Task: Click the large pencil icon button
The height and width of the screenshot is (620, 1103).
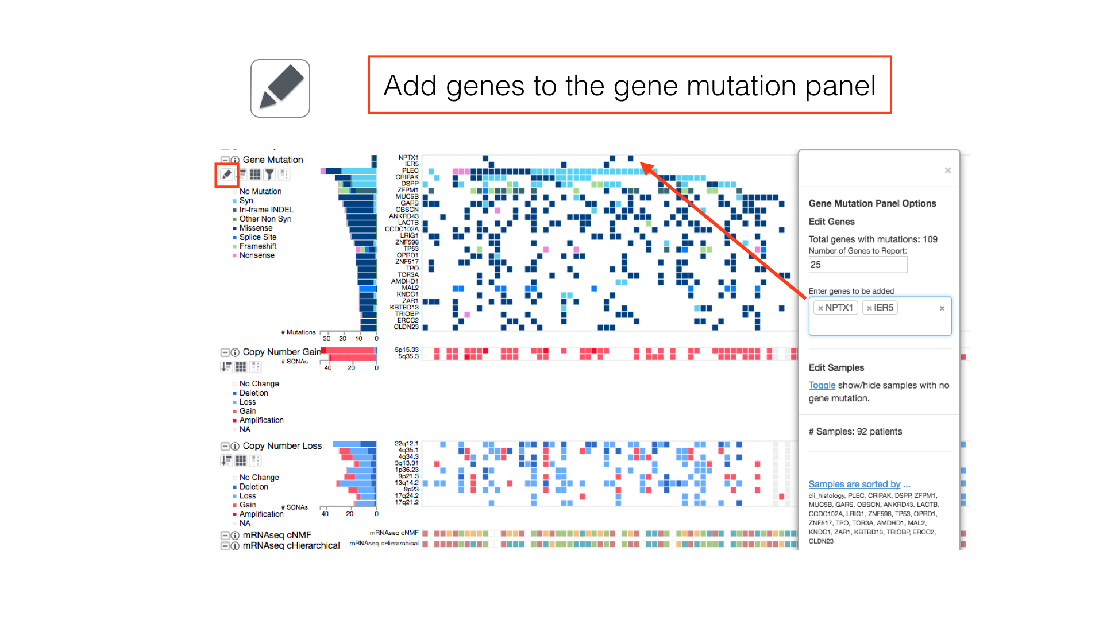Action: point(280,88)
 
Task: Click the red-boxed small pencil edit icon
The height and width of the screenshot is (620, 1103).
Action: point(227,175)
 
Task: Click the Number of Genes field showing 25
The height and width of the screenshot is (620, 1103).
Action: point(857,265)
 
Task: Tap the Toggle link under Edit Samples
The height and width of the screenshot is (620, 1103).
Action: point(822,385)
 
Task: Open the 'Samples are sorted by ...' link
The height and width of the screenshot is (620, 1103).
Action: point(859,484)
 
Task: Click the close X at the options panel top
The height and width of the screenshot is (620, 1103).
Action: point(948,170)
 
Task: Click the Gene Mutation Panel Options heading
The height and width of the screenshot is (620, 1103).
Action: point(872,203)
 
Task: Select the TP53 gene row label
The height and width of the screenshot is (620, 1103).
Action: point(411,249)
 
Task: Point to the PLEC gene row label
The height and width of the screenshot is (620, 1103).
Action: point(410,170)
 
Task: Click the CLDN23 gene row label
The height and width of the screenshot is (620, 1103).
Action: point(406,327)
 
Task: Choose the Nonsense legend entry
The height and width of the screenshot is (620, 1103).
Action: point(257,255)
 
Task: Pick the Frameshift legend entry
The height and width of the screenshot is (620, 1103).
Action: point(258,246)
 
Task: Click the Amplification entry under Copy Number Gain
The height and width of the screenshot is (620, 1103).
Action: point(261,420)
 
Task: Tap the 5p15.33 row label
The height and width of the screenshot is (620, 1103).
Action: point(407,350)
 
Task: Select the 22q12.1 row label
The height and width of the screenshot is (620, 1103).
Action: point(407,444)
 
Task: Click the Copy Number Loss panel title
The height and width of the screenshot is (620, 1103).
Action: point(282,446)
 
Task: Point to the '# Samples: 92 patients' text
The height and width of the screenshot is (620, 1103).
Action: point(855,432)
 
